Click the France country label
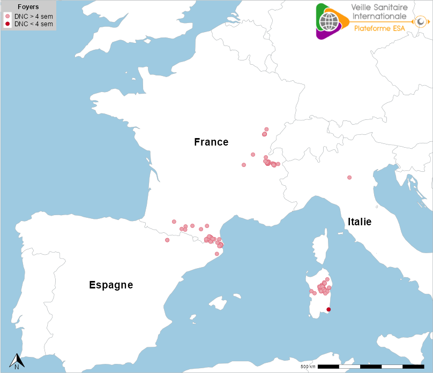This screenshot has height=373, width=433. coord(211,142)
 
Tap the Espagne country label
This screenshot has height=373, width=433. coord(111,285)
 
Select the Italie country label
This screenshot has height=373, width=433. coord(359,222)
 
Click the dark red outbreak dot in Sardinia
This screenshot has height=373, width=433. coord(329,309)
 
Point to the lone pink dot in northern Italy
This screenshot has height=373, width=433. coord(349,177)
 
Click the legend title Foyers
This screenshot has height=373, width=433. coord(28,7)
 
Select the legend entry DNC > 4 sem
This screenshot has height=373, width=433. coord(33,17)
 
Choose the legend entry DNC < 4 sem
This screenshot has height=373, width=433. coord(33,24)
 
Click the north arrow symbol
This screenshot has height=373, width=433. coord(17,361)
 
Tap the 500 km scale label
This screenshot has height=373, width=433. coord(308,367)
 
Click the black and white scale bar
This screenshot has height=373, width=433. coord(371,367)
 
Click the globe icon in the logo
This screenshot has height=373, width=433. coord(330,21)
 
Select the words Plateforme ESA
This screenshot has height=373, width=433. coord(379,28)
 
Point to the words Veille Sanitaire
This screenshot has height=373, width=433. coord(379,7)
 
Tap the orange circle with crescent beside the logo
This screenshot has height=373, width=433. coord(421,21)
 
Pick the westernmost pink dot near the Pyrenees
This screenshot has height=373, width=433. coord(167,240)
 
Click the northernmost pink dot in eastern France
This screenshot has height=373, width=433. coord(266,129)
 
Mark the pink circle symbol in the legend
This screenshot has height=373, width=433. coord(8,17)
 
